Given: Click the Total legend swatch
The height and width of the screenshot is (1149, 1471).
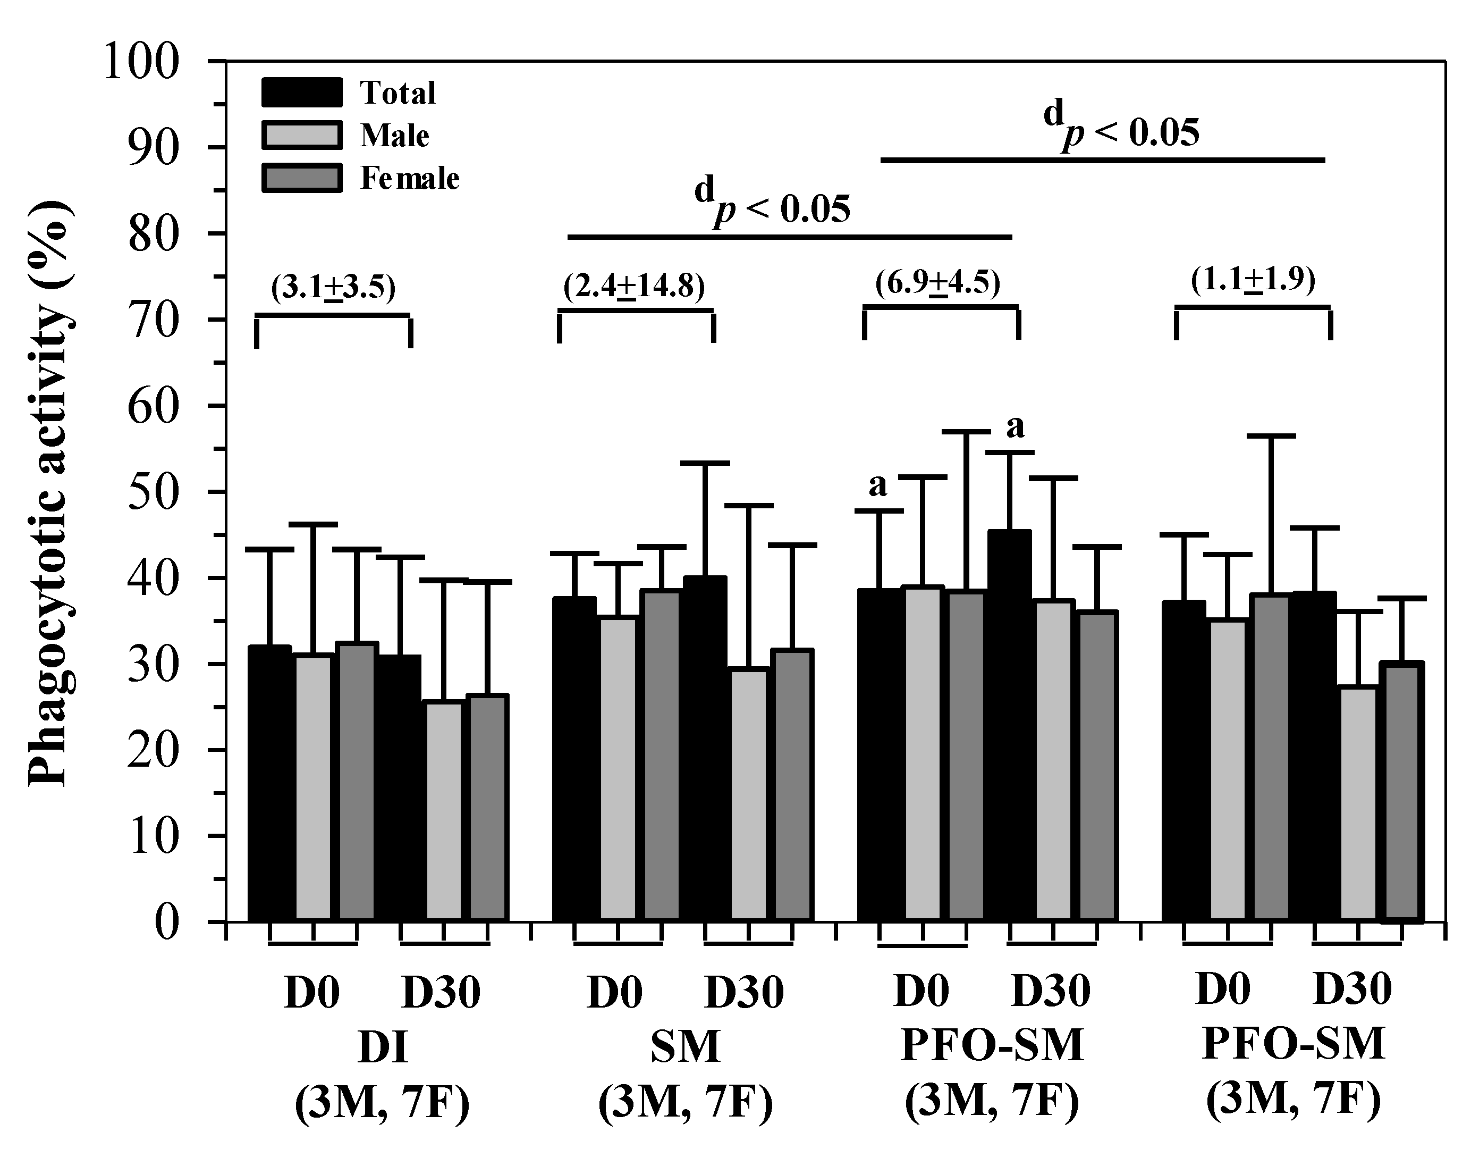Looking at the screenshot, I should (302, 93).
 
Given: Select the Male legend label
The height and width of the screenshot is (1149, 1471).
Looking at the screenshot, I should (395, 136).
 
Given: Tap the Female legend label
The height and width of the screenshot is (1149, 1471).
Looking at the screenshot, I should (410, 179).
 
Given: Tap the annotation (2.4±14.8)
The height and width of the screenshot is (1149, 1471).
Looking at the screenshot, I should (635, 287).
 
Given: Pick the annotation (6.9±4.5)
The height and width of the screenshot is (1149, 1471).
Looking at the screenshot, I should (937, 283).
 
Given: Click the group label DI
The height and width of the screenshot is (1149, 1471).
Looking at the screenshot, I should (383, 1048).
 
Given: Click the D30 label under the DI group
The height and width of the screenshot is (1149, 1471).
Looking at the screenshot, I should (441, 992).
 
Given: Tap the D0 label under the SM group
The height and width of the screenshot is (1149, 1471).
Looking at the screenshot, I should (614, 992).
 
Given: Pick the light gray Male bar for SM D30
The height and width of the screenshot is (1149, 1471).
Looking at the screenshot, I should (749, 795).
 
